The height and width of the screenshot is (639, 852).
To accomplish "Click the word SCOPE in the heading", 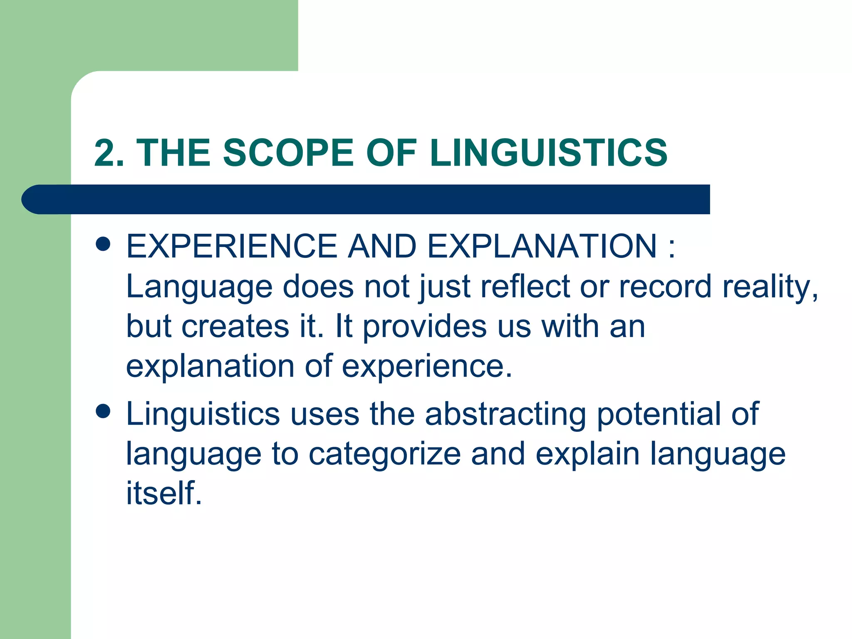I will (287, 153).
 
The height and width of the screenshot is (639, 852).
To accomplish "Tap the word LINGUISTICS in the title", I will (548, 153).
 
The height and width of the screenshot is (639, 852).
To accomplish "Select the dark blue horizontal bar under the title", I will (366, 199).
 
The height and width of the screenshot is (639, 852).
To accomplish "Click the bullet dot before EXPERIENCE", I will (103, 244).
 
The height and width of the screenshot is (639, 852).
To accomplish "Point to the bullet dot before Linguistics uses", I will (103, 411).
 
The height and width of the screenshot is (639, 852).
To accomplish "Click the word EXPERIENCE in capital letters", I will (231, 246).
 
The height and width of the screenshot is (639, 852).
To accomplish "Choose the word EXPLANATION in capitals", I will (542, 246).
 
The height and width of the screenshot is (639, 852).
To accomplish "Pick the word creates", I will (235, 327).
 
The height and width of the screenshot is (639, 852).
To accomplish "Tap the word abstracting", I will (505, 414).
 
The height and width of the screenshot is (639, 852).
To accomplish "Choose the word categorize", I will (385, 454).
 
